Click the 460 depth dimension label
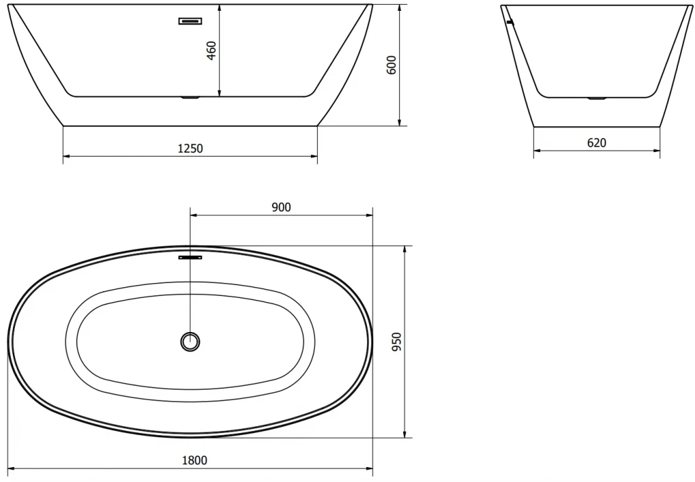(x=212, y=50)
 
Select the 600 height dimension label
(x=392, y=64)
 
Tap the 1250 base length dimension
(x=190, y=148)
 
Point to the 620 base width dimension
(x=597, y=143)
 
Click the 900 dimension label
(x=281, y=207)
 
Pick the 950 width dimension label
(x=396, y=342)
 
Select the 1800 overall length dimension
(x=195, y=461)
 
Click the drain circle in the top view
(x=191, y=341)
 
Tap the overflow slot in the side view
(x=190, y=21)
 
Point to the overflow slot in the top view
(x=190, y=257)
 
